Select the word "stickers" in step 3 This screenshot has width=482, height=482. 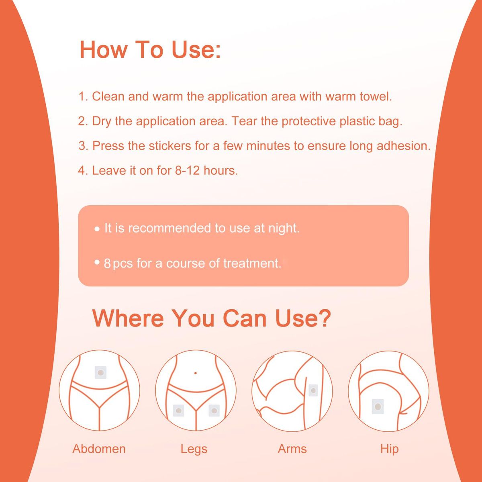click(x=170, y=145)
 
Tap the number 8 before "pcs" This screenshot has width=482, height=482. click(x=107, y=263)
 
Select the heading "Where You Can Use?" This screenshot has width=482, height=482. click(x=212, y=318)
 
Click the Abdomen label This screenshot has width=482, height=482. click(x=99, y=449)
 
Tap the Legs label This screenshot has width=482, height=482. click(x=194, y=449)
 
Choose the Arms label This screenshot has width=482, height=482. click(x=292, y=449)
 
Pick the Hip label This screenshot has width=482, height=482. click(x=389, y=449)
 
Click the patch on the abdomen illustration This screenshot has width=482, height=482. click(x=101, y=373)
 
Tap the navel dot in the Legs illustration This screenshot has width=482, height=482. click(x=195, y=373)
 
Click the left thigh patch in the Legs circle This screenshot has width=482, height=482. click(x=179, y=411)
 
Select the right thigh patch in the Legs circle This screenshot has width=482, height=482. click(x=214, y=411)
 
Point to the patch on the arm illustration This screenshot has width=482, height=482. click(x=313, y=390)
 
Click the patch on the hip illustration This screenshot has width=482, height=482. click(x=378, y=406)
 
